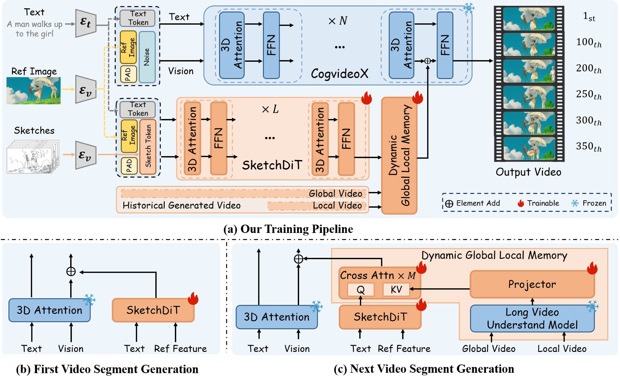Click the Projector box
pos(532,284)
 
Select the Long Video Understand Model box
pos(532,318)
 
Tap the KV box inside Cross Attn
pos(396,289)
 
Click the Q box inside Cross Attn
pos(360,289)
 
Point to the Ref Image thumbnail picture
pos(33,91)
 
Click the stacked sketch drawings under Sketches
pos(32,157)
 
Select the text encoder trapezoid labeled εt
pos(86,23)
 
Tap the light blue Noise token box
pos(147,57)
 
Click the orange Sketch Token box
pos(148,147)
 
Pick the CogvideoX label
pos(339,74)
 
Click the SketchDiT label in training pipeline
pos(272,165)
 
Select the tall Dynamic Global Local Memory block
pos(399,155)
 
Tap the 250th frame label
pos(589,95)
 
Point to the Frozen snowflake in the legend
pos(575,203)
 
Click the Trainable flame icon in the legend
pos(520,203)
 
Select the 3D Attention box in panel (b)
pos(49,310)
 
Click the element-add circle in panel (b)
pos(71,271)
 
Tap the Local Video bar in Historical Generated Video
pos(316,206)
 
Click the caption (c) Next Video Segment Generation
pos(424,369)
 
